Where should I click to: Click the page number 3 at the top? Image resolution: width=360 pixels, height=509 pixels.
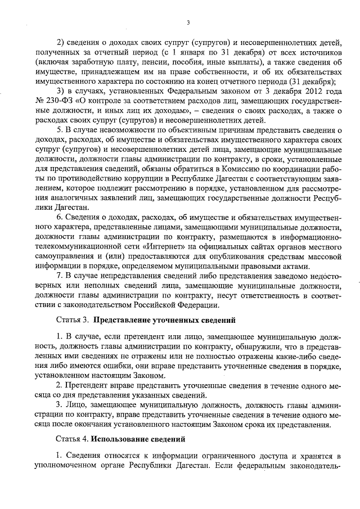pos(188,22)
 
